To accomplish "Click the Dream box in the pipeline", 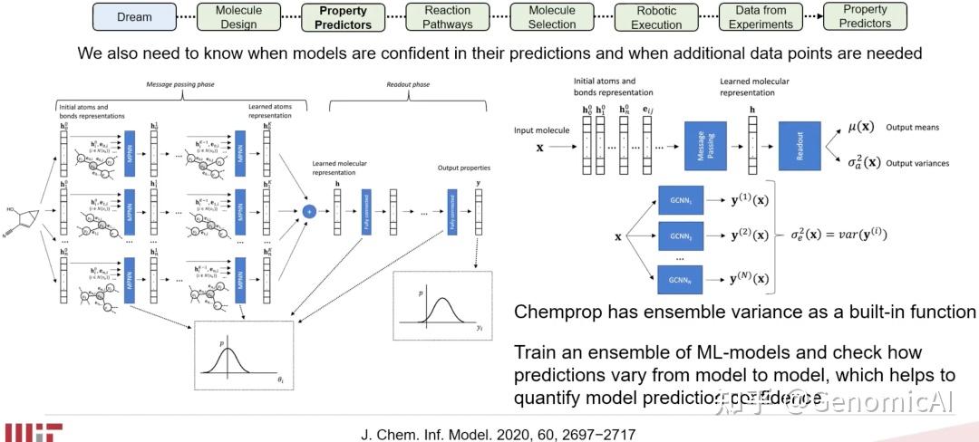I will pos(134,16).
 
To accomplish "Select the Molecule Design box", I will pos(238,16).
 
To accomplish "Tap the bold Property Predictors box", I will pos(344,16).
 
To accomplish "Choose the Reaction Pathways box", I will pos(448,16).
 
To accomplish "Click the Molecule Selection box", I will pos(552,16).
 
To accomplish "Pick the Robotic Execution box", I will pos(656,16).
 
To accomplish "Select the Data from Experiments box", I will pos(761,16).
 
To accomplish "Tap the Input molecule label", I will pos(541,131).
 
